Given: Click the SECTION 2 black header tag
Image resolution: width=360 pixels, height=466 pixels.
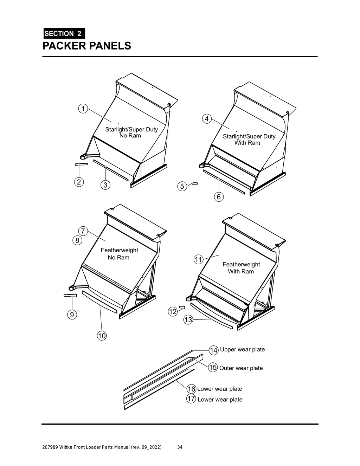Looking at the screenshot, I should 64,34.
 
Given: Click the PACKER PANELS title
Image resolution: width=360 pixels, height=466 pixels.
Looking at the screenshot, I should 86,46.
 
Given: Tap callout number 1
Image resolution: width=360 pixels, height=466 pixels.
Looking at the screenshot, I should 83,109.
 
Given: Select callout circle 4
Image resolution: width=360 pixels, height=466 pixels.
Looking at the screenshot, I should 206,119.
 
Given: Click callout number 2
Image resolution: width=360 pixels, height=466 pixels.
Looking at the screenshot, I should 79,182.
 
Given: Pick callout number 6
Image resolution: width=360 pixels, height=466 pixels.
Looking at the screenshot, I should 219,197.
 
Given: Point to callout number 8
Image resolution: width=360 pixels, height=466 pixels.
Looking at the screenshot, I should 77,240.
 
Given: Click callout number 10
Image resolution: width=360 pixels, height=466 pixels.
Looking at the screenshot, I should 102,336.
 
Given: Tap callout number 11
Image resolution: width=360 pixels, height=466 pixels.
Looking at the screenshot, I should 199,260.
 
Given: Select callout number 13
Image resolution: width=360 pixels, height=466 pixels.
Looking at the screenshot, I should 188,320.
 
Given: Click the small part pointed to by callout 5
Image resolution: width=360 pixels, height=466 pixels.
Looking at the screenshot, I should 195,183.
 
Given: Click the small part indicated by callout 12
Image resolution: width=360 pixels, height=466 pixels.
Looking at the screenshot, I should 182,307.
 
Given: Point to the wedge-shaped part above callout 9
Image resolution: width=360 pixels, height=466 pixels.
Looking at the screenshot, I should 70,296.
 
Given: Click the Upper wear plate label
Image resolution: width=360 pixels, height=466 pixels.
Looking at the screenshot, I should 242,350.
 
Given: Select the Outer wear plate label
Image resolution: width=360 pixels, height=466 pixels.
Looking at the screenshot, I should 241,368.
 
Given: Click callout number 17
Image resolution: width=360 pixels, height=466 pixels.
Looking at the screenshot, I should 191,399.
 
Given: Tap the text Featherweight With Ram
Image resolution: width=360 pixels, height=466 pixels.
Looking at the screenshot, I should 241,268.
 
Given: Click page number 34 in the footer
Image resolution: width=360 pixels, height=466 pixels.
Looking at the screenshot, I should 180,447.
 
